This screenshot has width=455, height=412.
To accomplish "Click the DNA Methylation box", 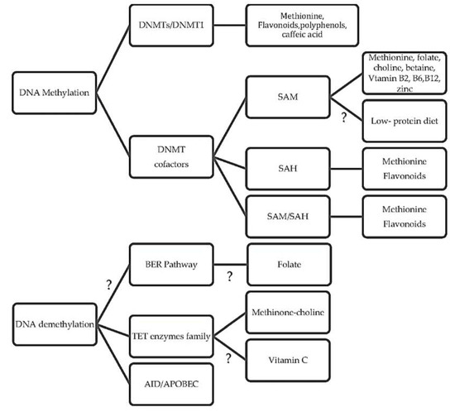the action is (55, 93).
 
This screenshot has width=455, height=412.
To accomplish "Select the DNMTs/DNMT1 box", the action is (171, 26).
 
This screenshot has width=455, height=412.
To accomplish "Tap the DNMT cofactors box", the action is (171, 156).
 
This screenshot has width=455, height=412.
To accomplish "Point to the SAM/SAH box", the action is (288, 217).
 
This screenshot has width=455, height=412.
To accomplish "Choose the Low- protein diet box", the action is (405, 121).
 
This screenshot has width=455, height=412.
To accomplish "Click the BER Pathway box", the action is (171, 264).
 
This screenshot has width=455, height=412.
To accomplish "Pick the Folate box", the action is (289, 264).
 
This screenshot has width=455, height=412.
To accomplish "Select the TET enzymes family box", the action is (171, 336).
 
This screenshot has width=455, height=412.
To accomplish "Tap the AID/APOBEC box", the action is (171, 384).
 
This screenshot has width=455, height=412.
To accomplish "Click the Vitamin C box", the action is (288, 360).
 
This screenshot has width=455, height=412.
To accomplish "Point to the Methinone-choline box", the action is (288, 312).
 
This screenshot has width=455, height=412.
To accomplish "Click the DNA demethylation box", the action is (55, 324).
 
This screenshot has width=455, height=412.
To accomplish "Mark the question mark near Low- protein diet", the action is (344, 117).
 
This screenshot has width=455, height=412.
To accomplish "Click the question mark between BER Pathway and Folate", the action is (229, 276).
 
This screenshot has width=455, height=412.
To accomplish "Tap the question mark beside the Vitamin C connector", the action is (228, 358).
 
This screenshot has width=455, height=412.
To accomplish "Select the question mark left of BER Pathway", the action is (109, 285).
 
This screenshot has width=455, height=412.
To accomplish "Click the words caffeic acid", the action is (302, 34).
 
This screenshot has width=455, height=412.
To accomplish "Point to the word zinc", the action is (405, 89).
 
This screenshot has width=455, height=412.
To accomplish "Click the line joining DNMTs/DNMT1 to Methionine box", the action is (230, 26).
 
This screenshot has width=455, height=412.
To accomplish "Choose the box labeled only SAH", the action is (288, 169).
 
